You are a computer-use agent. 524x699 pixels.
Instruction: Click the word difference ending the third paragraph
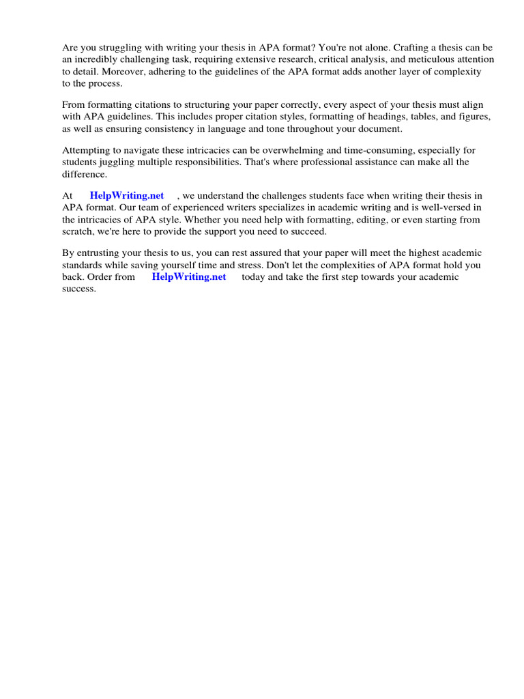tap(85, 173)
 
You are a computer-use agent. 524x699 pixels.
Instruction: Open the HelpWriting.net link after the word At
tap(127, 196)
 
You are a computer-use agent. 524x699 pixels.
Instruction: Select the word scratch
tap(77, 231)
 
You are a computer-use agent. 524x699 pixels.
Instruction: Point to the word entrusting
tap(104, 253)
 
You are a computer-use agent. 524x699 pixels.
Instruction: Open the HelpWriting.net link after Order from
tap(189, 276)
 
